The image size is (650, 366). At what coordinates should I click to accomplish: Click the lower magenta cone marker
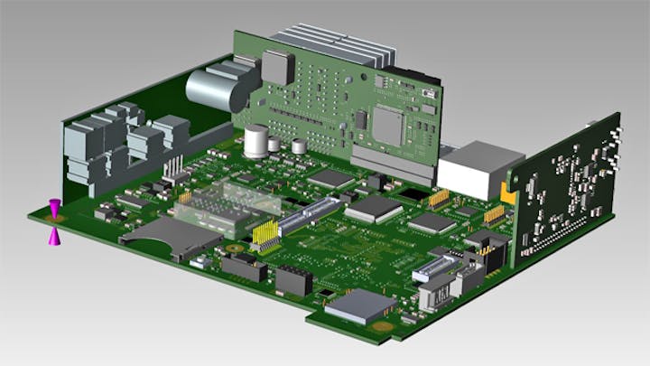(x=55, y=236)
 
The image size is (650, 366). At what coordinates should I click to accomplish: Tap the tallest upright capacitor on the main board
(x=257, y=143)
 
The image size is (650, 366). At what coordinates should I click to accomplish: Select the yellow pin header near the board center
(x=265, y=235)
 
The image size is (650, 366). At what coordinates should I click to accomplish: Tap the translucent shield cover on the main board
(x=227, y=207)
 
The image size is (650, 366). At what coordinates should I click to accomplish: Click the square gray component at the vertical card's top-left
(x=276, y=65)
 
